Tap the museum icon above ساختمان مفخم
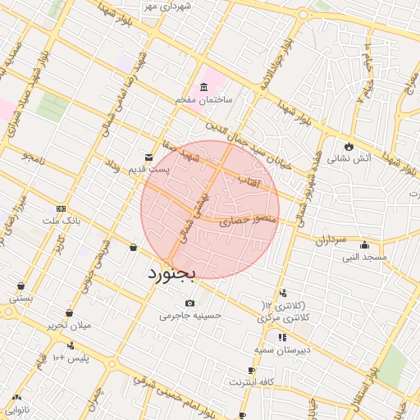click(204, 88)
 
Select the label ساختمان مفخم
click(204, 99)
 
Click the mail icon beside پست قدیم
click(148, 157)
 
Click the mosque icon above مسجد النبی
click(364, 244)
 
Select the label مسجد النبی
click(364, 257)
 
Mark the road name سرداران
click(331, 241)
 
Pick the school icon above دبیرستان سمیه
click(282, 337)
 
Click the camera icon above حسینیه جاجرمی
click(190, 303)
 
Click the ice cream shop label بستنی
click(21, 298)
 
